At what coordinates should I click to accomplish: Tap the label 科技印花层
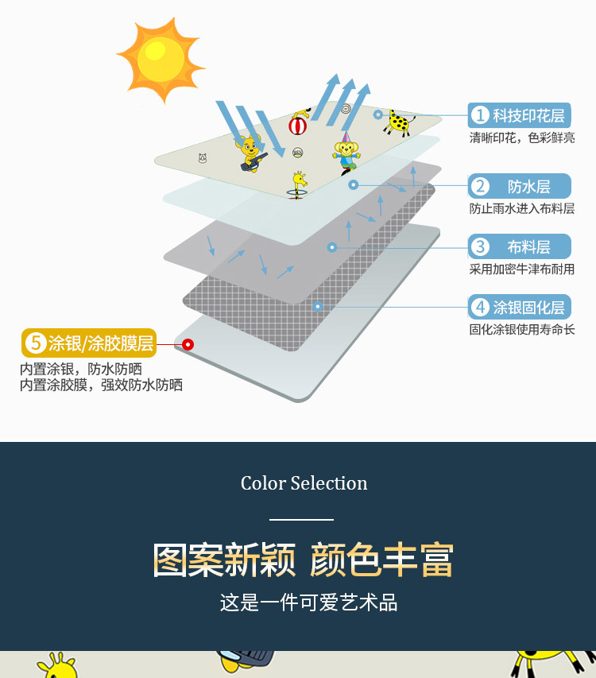pos(520,115)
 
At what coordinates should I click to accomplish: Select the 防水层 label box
pos(520,187)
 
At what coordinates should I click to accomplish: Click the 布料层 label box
pos(520,246)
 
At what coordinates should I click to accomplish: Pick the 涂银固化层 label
pos(520,307)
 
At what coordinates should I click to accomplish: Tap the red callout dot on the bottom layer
pos(188,344)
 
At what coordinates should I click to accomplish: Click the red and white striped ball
pos(299,125)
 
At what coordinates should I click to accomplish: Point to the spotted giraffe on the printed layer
pos(400,122)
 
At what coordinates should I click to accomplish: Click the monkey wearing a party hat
pos(346,151)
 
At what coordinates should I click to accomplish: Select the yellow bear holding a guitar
pos(250,153)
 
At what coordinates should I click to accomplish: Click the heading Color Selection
pos(304,483)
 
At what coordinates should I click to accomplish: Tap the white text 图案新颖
pos(224,560)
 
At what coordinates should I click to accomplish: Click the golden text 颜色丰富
pos(381,560)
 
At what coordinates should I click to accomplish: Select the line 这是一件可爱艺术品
pos(308,602)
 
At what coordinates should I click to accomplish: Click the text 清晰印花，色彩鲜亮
pos(521,138)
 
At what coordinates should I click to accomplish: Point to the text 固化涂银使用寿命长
pos(521,329)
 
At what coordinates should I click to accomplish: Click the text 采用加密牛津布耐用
pos(521,269)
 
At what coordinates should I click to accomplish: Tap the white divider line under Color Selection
pos(301,520)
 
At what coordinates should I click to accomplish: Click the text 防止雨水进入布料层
pos(521,209)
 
